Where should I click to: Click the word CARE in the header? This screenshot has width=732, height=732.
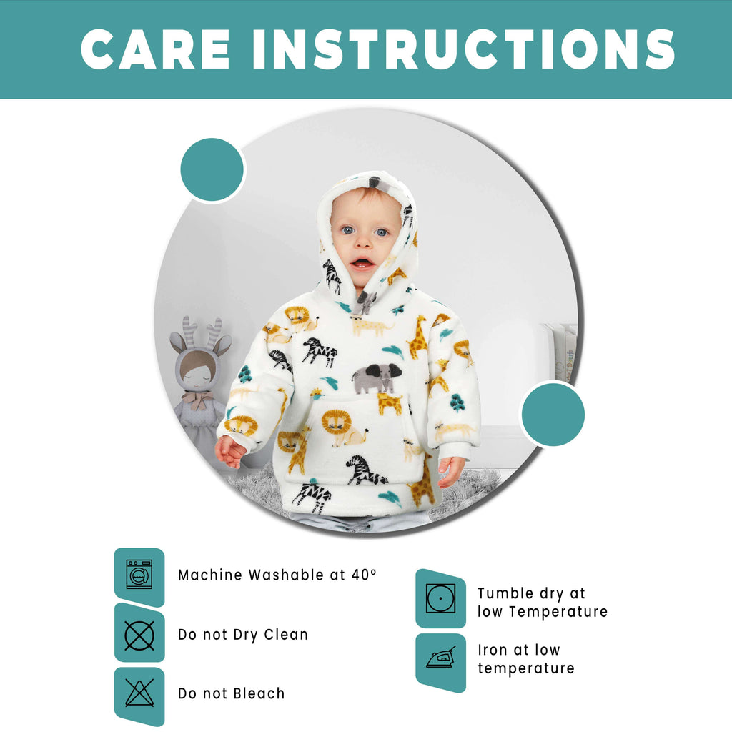pyautogui.click(x=156, y=49)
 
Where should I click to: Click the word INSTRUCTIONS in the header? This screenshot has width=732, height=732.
pyautogui.click(x=464, y=49)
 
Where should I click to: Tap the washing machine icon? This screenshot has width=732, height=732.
pyautogui.click(x=139, y=574)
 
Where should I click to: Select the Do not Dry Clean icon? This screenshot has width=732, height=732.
pyautogui.click(x=139, y=635)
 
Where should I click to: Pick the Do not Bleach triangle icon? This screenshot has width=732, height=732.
pyautogui.click(x=139, y=693)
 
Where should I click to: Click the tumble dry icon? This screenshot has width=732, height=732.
pyautogui.click(x=440, y=598)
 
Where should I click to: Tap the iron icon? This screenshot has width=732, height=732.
pyautogui.click(x=440, y=658)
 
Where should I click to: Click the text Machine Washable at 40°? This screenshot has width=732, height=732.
pyautogui.click(x=277, y=575)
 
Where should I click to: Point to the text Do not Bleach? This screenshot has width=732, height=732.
pyautogui.click(x=231, y=693)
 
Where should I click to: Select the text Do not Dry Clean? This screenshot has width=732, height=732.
pyautogui.click(x=243, y=634)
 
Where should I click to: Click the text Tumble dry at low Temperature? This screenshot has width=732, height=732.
pyautogui.click(x=542, y=602)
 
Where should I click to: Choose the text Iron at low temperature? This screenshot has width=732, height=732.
pyautogui.click(x=525, y=659)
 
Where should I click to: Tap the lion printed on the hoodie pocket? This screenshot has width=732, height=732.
pyautogui.click(x=340, y=427)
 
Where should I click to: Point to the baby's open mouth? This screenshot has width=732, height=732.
pyautogui.click(x=362, y=263)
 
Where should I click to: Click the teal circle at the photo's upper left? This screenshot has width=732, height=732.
pyautogui.click(x=212, y=169)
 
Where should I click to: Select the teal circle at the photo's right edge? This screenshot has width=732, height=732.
pyautogui.click(x=553, y=414)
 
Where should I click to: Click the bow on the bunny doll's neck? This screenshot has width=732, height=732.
pyautogui.click(x=199, y=398)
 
